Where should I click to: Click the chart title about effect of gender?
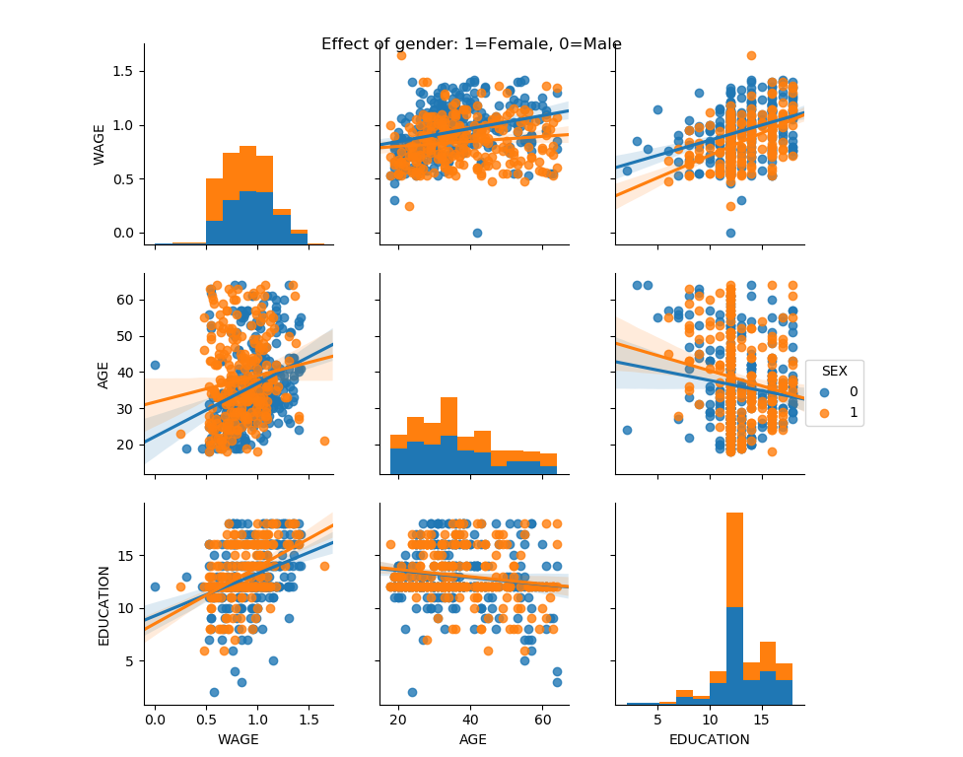(471, 44)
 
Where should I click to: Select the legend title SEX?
(834, 369)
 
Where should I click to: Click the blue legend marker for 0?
(824, 391)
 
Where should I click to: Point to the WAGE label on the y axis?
(100, 145)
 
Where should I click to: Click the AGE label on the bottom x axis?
(473, 739)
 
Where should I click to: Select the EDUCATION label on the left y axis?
(103, 604)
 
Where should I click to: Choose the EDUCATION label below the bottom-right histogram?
(709, 739)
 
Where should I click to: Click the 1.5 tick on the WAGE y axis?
(123, 71)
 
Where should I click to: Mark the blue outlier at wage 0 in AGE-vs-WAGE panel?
(155, 365)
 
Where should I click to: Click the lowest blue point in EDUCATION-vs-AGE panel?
(412, 692)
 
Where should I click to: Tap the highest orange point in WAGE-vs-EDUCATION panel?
(751, 55)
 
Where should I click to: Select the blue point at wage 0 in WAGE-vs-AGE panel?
(477, 233)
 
